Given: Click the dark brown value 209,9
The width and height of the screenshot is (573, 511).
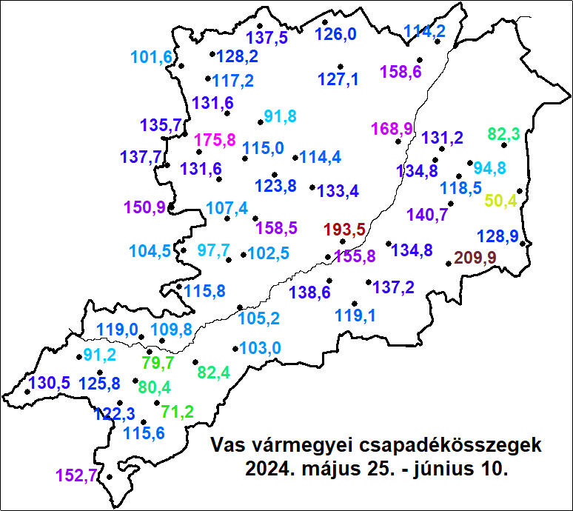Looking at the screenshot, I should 475,258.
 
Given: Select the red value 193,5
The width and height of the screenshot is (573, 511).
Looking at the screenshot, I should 346,230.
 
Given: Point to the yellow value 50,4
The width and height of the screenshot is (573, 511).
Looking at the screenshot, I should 501,200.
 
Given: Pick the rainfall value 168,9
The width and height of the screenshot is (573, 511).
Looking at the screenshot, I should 392,130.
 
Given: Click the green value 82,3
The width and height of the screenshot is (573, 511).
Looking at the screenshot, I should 503,134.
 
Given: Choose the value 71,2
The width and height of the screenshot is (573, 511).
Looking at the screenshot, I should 177,412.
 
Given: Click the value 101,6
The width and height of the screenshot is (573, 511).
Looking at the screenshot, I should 151,57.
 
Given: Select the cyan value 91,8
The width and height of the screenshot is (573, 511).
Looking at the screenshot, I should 280,116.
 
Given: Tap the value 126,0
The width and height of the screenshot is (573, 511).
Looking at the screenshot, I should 335,34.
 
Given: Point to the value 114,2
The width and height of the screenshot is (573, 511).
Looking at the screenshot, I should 424,31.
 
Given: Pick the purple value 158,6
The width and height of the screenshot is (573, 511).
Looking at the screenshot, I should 401,73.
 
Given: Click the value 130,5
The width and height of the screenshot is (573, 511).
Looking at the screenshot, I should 50,383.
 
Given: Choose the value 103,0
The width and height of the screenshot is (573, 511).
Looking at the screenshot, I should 261,347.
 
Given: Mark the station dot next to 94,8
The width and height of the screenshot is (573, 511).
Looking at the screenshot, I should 469,162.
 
